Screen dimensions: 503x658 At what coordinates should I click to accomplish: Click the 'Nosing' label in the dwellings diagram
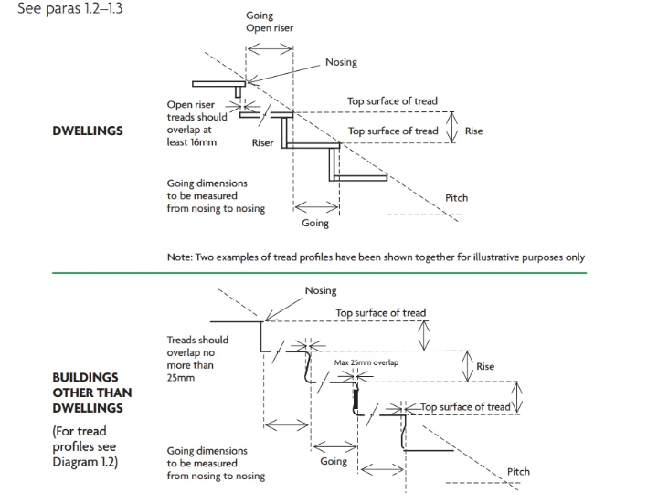pyautogui.click(x=341, y=63)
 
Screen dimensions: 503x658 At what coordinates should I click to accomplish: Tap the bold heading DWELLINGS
pyautogui.click(x=88, y=131)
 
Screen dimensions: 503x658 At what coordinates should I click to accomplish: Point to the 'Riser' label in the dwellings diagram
pyautogui.click(x=263, y=143)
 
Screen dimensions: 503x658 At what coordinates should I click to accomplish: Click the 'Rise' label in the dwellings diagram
pyautogui.click(x=473, y=131)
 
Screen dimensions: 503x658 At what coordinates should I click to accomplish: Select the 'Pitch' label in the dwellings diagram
pyautogui.click(x=456, y=198)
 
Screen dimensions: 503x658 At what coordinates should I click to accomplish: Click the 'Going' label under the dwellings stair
pyautogui.click(x=315, y=223)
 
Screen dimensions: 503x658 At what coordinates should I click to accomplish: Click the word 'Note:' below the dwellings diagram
pyautogui.click(x=180, y=257)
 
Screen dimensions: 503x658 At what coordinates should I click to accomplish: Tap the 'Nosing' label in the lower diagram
pyautogui.click(x=321, y=291)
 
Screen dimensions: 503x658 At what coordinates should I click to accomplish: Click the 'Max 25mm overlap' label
pyautogui.click(x=366, y=362)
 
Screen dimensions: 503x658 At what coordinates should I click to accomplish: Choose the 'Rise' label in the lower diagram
pyautogui.click(x=485, y=367)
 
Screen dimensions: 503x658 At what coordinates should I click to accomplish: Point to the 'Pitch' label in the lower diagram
pyautogui.click(x=518, y=472)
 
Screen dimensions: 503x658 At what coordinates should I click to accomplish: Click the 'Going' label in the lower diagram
pyautogui.click(x=334, y=462)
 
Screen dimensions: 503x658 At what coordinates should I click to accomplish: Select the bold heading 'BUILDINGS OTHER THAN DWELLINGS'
pyautogui.click(x=91, y=393)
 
